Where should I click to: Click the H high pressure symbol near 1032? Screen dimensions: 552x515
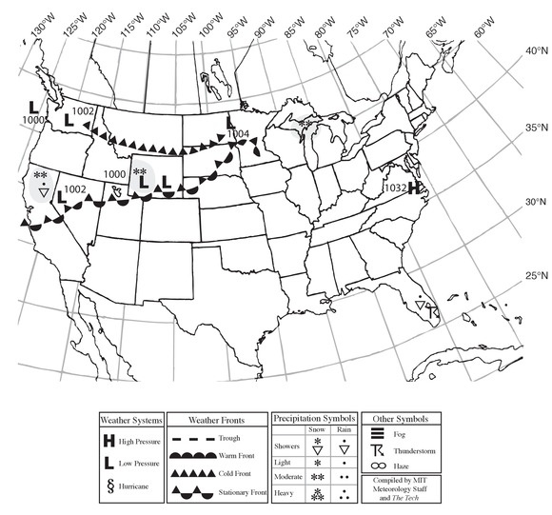[x=414, y=188]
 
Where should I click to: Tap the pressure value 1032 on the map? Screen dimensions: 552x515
[x=395, y=188]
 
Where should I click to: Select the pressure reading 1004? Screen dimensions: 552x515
[x=239, y=134]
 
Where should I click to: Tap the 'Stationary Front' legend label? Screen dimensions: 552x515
[x=241, y=491]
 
